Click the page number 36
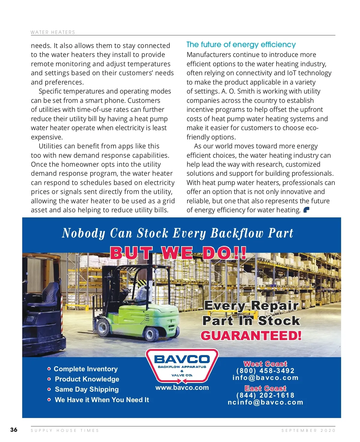14,430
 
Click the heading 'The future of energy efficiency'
241,45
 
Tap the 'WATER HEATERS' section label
53,32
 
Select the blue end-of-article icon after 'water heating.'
306,210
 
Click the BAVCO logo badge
182,366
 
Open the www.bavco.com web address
182,388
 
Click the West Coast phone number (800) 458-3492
265,371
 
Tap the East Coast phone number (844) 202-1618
265,396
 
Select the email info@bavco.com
265,378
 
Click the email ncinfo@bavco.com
265,402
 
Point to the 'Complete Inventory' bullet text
85,369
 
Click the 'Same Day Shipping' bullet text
87,390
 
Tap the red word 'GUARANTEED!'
251,336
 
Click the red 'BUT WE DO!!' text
178,253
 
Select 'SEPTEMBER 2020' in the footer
308,431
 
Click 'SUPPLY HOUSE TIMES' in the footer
65,431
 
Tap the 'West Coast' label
265,364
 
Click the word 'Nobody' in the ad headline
83,233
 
